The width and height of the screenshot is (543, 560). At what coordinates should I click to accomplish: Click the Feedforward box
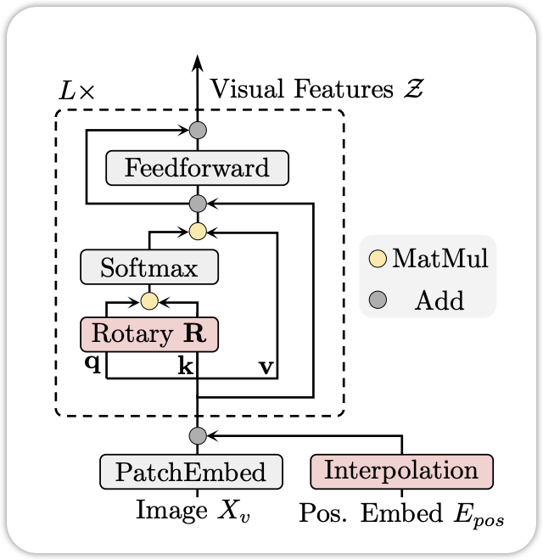197,167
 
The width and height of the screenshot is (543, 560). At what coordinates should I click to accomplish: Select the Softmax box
148,269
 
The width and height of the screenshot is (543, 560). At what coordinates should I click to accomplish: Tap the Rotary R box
148,333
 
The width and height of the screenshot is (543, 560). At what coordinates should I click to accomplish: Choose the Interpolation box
401,469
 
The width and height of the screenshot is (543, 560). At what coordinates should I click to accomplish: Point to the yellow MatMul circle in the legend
378,259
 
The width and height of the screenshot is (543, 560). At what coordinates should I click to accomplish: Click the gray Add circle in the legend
378,300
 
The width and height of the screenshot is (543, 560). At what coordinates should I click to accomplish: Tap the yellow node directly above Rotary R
149,300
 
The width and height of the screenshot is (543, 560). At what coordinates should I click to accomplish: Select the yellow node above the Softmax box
198,231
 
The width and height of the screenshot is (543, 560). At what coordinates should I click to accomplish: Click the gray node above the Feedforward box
198,131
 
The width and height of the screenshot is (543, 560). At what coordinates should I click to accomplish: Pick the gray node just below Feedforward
198,204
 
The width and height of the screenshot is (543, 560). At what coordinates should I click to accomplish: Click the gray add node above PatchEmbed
198,435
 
